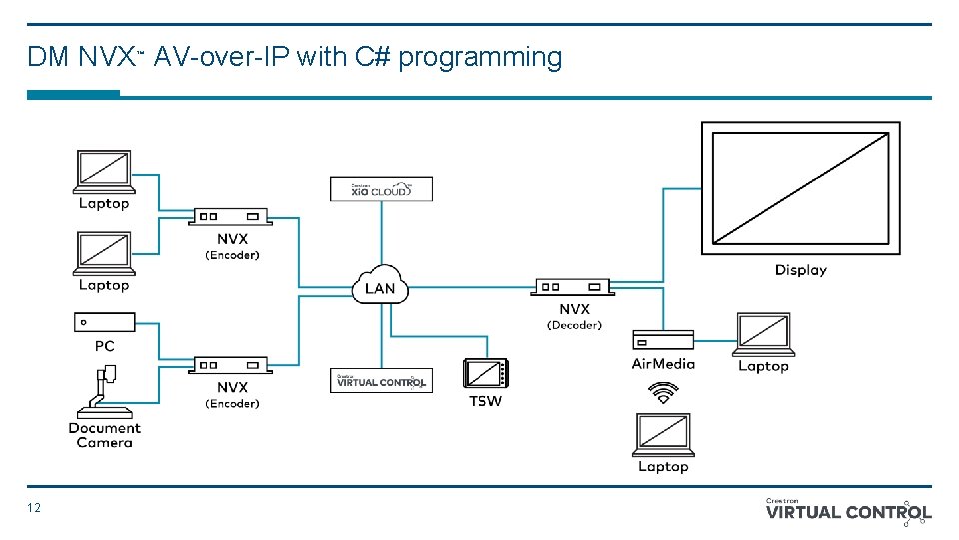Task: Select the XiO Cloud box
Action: coord(381,189)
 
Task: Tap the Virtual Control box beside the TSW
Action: coord(381,381)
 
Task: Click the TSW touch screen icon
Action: coord(485,374)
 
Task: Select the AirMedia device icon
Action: coord(662,340)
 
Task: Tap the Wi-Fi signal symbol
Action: coord(662,393)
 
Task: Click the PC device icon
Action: coord(104,322)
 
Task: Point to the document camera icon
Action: coord(105,393)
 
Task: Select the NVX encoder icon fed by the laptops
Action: coord(231,216)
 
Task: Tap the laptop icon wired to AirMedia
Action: coord(764,334)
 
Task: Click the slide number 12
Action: coord(35,508)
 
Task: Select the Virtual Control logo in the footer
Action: coord(848,511)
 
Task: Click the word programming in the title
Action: coord(479,58)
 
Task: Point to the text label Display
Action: coord(800,270)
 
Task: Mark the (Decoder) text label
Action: coord(574,325)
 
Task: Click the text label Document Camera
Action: coord(104,435)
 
